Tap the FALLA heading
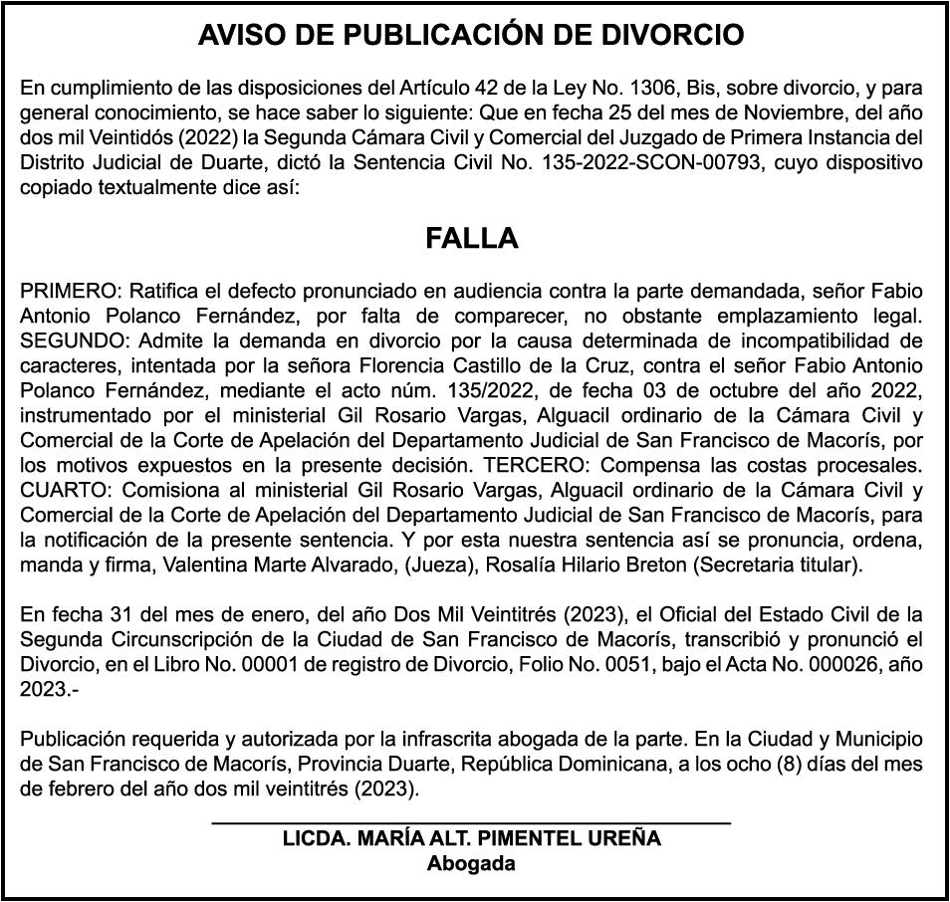coord(472,239)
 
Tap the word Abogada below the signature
coord(471,863)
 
